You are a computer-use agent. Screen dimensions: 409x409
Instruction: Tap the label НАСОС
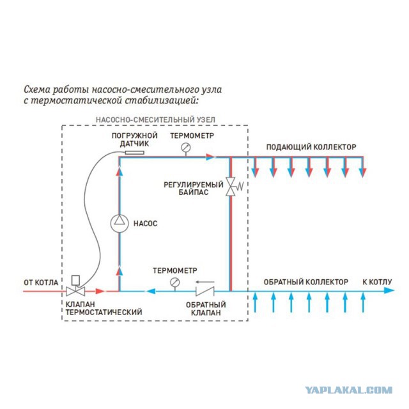tap(145, 224)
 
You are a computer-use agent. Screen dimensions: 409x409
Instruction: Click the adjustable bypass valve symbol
tap(231, 187)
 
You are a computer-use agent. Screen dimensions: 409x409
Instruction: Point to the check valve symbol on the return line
tap(204, 291)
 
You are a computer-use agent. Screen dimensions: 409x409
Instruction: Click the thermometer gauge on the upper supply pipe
tap(186, 148)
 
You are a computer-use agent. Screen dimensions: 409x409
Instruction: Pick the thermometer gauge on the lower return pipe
tap(174, 282)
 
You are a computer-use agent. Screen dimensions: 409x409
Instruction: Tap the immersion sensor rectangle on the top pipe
tap(135, 153)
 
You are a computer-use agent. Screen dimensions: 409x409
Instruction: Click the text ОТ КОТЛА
tap(41, 282)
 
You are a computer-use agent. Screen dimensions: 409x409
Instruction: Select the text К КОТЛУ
tap(377, 282)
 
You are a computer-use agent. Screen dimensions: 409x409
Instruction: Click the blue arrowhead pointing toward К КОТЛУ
tap(389, 291)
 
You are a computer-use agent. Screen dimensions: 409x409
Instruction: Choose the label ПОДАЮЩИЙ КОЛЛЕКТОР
tap(311, 147)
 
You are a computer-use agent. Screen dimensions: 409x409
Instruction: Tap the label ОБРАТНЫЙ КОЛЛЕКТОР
tap(305, 282)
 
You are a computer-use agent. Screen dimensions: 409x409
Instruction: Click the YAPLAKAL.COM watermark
tap(349, 390)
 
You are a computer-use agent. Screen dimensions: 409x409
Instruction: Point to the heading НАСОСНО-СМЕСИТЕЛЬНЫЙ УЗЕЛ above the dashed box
tap(155, 120)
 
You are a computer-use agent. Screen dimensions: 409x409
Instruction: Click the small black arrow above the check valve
tap(205, 282)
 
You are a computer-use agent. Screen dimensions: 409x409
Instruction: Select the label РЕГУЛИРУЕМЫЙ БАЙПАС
tap(194, 189)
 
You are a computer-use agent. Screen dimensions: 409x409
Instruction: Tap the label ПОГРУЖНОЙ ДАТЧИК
tap(135, 139)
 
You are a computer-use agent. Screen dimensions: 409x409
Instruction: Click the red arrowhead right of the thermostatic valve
tap(100, 291)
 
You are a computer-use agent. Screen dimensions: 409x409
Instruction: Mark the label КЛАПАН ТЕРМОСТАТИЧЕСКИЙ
tap(104, 308)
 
